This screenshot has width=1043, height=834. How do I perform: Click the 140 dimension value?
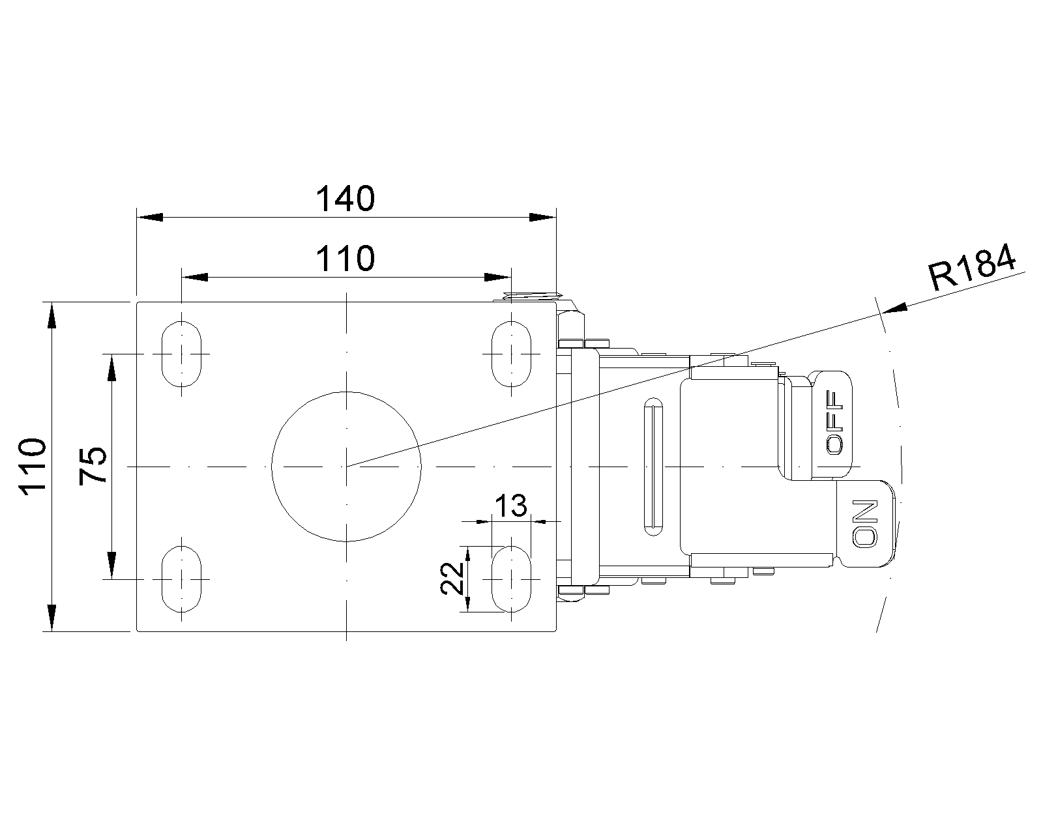345,199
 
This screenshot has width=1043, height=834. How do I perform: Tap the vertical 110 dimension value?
33,466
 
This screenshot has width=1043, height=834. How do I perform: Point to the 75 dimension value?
93,465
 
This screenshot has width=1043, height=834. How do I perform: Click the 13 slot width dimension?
510,506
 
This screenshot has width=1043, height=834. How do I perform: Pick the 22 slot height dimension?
452,578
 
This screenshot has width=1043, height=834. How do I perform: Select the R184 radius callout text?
972,267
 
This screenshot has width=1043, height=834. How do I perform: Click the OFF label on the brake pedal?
834,422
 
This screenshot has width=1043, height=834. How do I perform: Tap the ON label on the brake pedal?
864,524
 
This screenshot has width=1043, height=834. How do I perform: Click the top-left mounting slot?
181,354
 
